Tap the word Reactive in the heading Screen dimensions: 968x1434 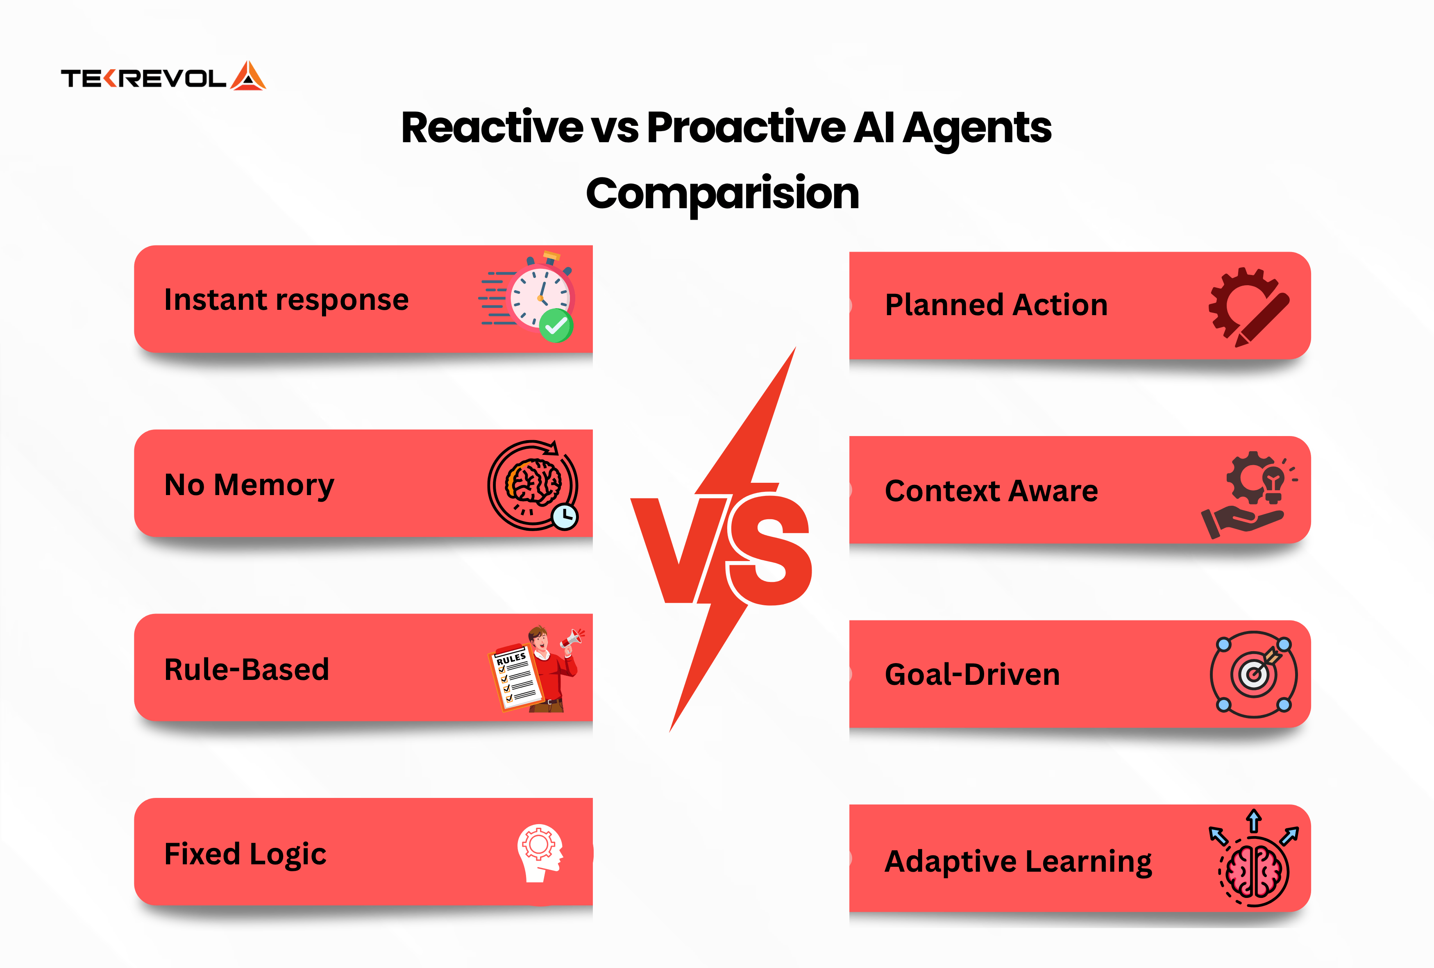pos(492,128)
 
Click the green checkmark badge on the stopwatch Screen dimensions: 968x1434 pos(556,325)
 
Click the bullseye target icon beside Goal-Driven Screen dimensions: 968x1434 pos(1253,674)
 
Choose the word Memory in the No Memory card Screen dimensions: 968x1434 pos(274,485)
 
